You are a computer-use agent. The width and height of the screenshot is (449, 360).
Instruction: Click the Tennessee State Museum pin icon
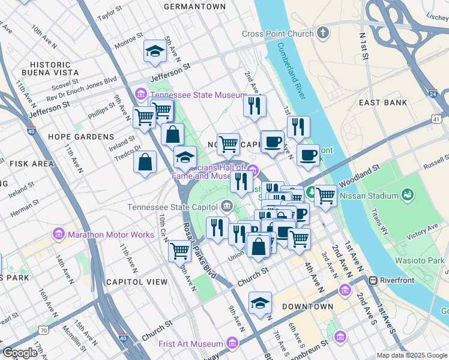coord(142,95)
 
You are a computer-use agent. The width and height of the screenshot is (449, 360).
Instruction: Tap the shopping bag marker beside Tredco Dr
coord(145,162)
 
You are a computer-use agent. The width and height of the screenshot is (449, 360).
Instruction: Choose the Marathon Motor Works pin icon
coord(59,234)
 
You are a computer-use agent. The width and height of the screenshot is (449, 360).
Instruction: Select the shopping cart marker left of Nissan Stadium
coord(325,195)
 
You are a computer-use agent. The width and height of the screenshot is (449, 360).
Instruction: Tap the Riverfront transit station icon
coord(372,280)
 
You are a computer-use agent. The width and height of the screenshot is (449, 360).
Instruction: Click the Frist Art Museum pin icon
coord(232,344)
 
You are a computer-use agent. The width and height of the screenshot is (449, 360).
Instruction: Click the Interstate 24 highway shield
coord(433,94)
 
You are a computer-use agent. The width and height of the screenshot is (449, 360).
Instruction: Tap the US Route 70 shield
coord(42,329)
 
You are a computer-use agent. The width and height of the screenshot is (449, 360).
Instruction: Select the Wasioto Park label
coord(420,260)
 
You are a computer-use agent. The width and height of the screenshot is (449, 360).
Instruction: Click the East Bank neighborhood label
coord(383,103)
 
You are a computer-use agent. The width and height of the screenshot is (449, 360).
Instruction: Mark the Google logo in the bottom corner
coord(20,353)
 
